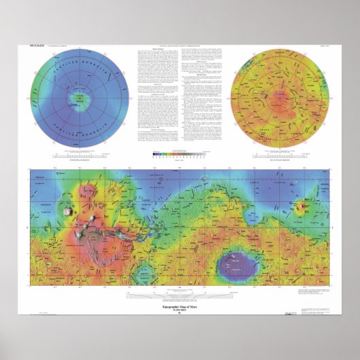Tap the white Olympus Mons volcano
pos(66,211)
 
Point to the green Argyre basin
pos(143,274)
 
